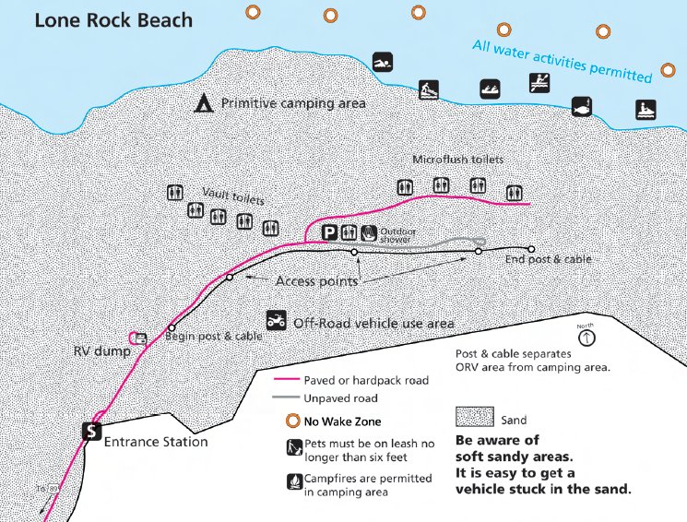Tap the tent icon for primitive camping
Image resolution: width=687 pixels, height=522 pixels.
202,102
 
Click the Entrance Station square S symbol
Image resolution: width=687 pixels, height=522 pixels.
91,431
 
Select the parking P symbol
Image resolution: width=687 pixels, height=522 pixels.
329,232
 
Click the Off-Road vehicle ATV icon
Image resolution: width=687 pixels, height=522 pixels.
275,321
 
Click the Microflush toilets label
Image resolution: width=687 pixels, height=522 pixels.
457,159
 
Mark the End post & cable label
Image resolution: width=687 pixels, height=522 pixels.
549,260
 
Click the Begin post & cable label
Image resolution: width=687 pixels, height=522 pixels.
213,337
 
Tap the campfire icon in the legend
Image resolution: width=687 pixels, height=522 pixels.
290,481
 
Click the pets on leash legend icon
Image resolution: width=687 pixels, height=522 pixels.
290,449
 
